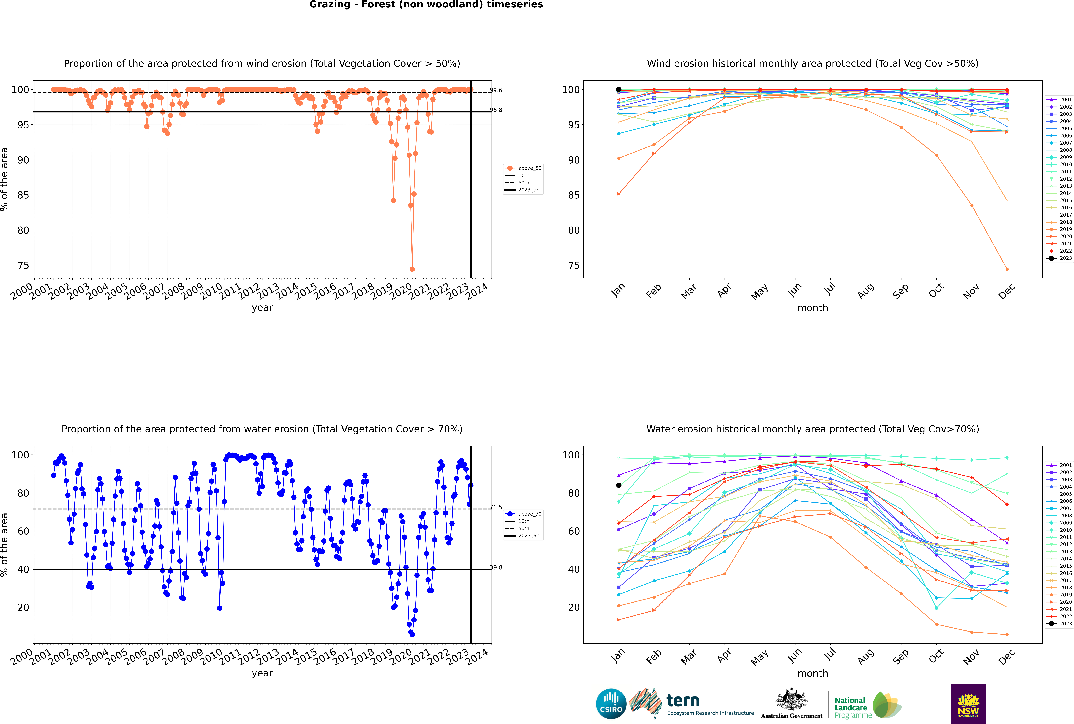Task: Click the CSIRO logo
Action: (611, 704)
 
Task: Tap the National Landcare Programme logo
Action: (867, 705)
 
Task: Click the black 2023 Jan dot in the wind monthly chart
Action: (619, 90)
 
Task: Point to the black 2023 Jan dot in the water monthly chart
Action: (619, 485)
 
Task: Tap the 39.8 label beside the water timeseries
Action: (496, 567)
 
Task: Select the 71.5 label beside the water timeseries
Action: (496, 507)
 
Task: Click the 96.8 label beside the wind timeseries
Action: (496, 110)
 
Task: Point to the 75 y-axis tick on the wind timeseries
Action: (23, 266)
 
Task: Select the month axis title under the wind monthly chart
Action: (813, 308)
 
